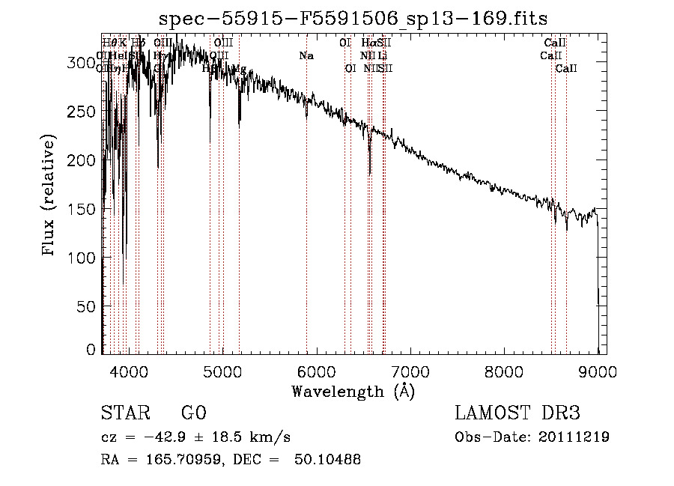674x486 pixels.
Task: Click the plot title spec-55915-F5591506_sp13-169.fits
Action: click(353, 19)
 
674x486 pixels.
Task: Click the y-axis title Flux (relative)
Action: click(50, 196)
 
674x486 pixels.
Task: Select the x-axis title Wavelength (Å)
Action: click(353, 391)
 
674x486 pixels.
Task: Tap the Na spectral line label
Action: click(306, 55)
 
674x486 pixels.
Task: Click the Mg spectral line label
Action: click(240, 69)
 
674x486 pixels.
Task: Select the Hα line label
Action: click(368, 43)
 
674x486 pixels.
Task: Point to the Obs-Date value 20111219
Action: click(573, 437)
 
